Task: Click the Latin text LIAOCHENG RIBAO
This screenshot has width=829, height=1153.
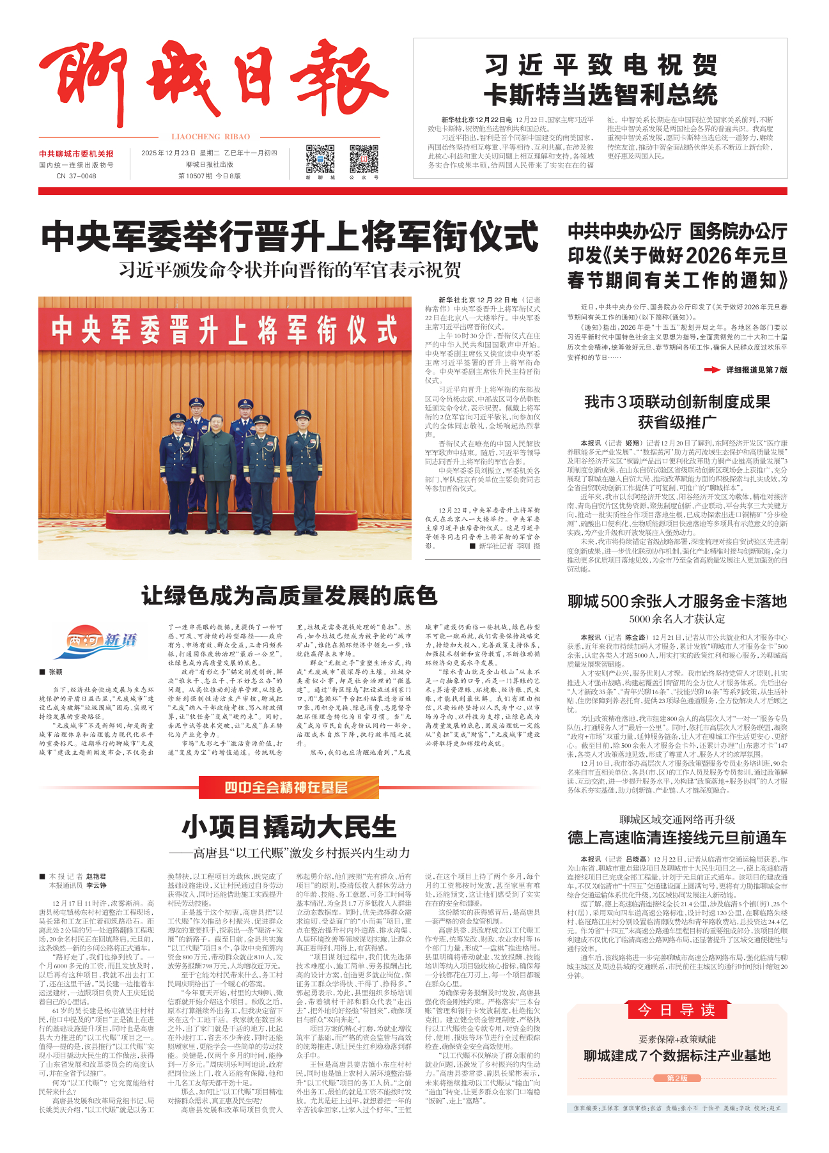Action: click(211, 137)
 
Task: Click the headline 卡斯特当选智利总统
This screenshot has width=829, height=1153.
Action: click(600, 95)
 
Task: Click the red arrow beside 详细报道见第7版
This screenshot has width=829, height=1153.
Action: click(711, 370)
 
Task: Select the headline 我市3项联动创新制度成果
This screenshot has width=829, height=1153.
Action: click(677, 402)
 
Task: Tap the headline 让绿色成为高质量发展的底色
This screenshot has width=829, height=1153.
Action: click(290, 596)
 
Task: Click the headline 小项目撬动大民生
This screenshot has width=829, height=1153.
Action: click(290, 827)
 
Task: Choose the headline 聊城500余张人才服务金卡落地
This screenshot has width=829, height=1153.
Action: click(677, 601)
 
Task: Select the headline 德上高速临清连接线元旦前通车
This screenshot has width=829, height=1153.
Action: click(677, 838)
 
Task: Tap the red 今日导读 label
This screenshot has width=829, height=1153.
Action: click(677, 1010)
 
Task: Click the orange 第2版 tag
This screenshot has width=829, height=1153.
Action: click(677, 1078)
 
